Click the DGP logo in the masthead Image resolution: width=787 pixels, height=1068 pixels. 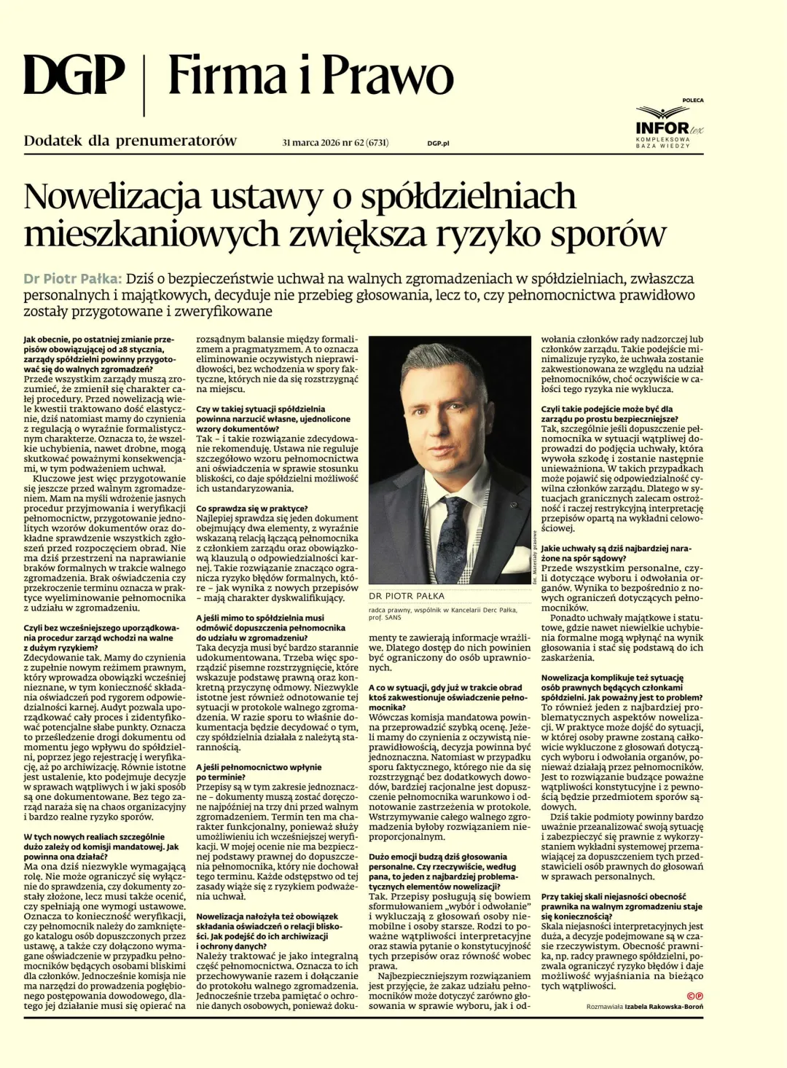74,76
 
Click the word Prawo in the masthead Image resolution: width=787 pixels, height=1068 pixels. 388,76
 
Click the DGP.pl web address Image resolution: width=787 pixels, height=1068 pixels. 438,144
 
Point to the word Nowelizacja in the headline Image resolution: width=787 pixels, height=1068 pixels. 112,197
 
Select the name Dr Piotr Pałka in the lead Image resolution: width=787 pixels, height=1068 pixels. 71,279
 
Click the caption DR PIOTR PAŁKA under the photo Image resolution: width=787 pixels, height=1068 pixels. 406,596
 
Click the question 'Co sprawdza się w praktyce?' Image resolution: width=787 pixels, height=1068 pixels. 251,509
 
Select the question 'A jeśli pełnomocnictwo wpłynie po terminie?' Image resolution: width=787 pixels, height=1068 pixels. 258,772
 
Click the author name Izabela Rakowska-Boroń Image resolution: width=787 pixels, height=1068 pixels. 664,1007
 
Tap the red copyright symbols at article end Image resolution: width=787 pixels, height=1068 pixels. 694,996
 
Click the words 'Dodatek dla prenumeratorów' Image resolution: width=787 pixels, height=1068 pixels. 130,141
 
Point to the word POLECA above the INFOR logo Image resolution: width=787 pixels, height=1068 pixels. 693,101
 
